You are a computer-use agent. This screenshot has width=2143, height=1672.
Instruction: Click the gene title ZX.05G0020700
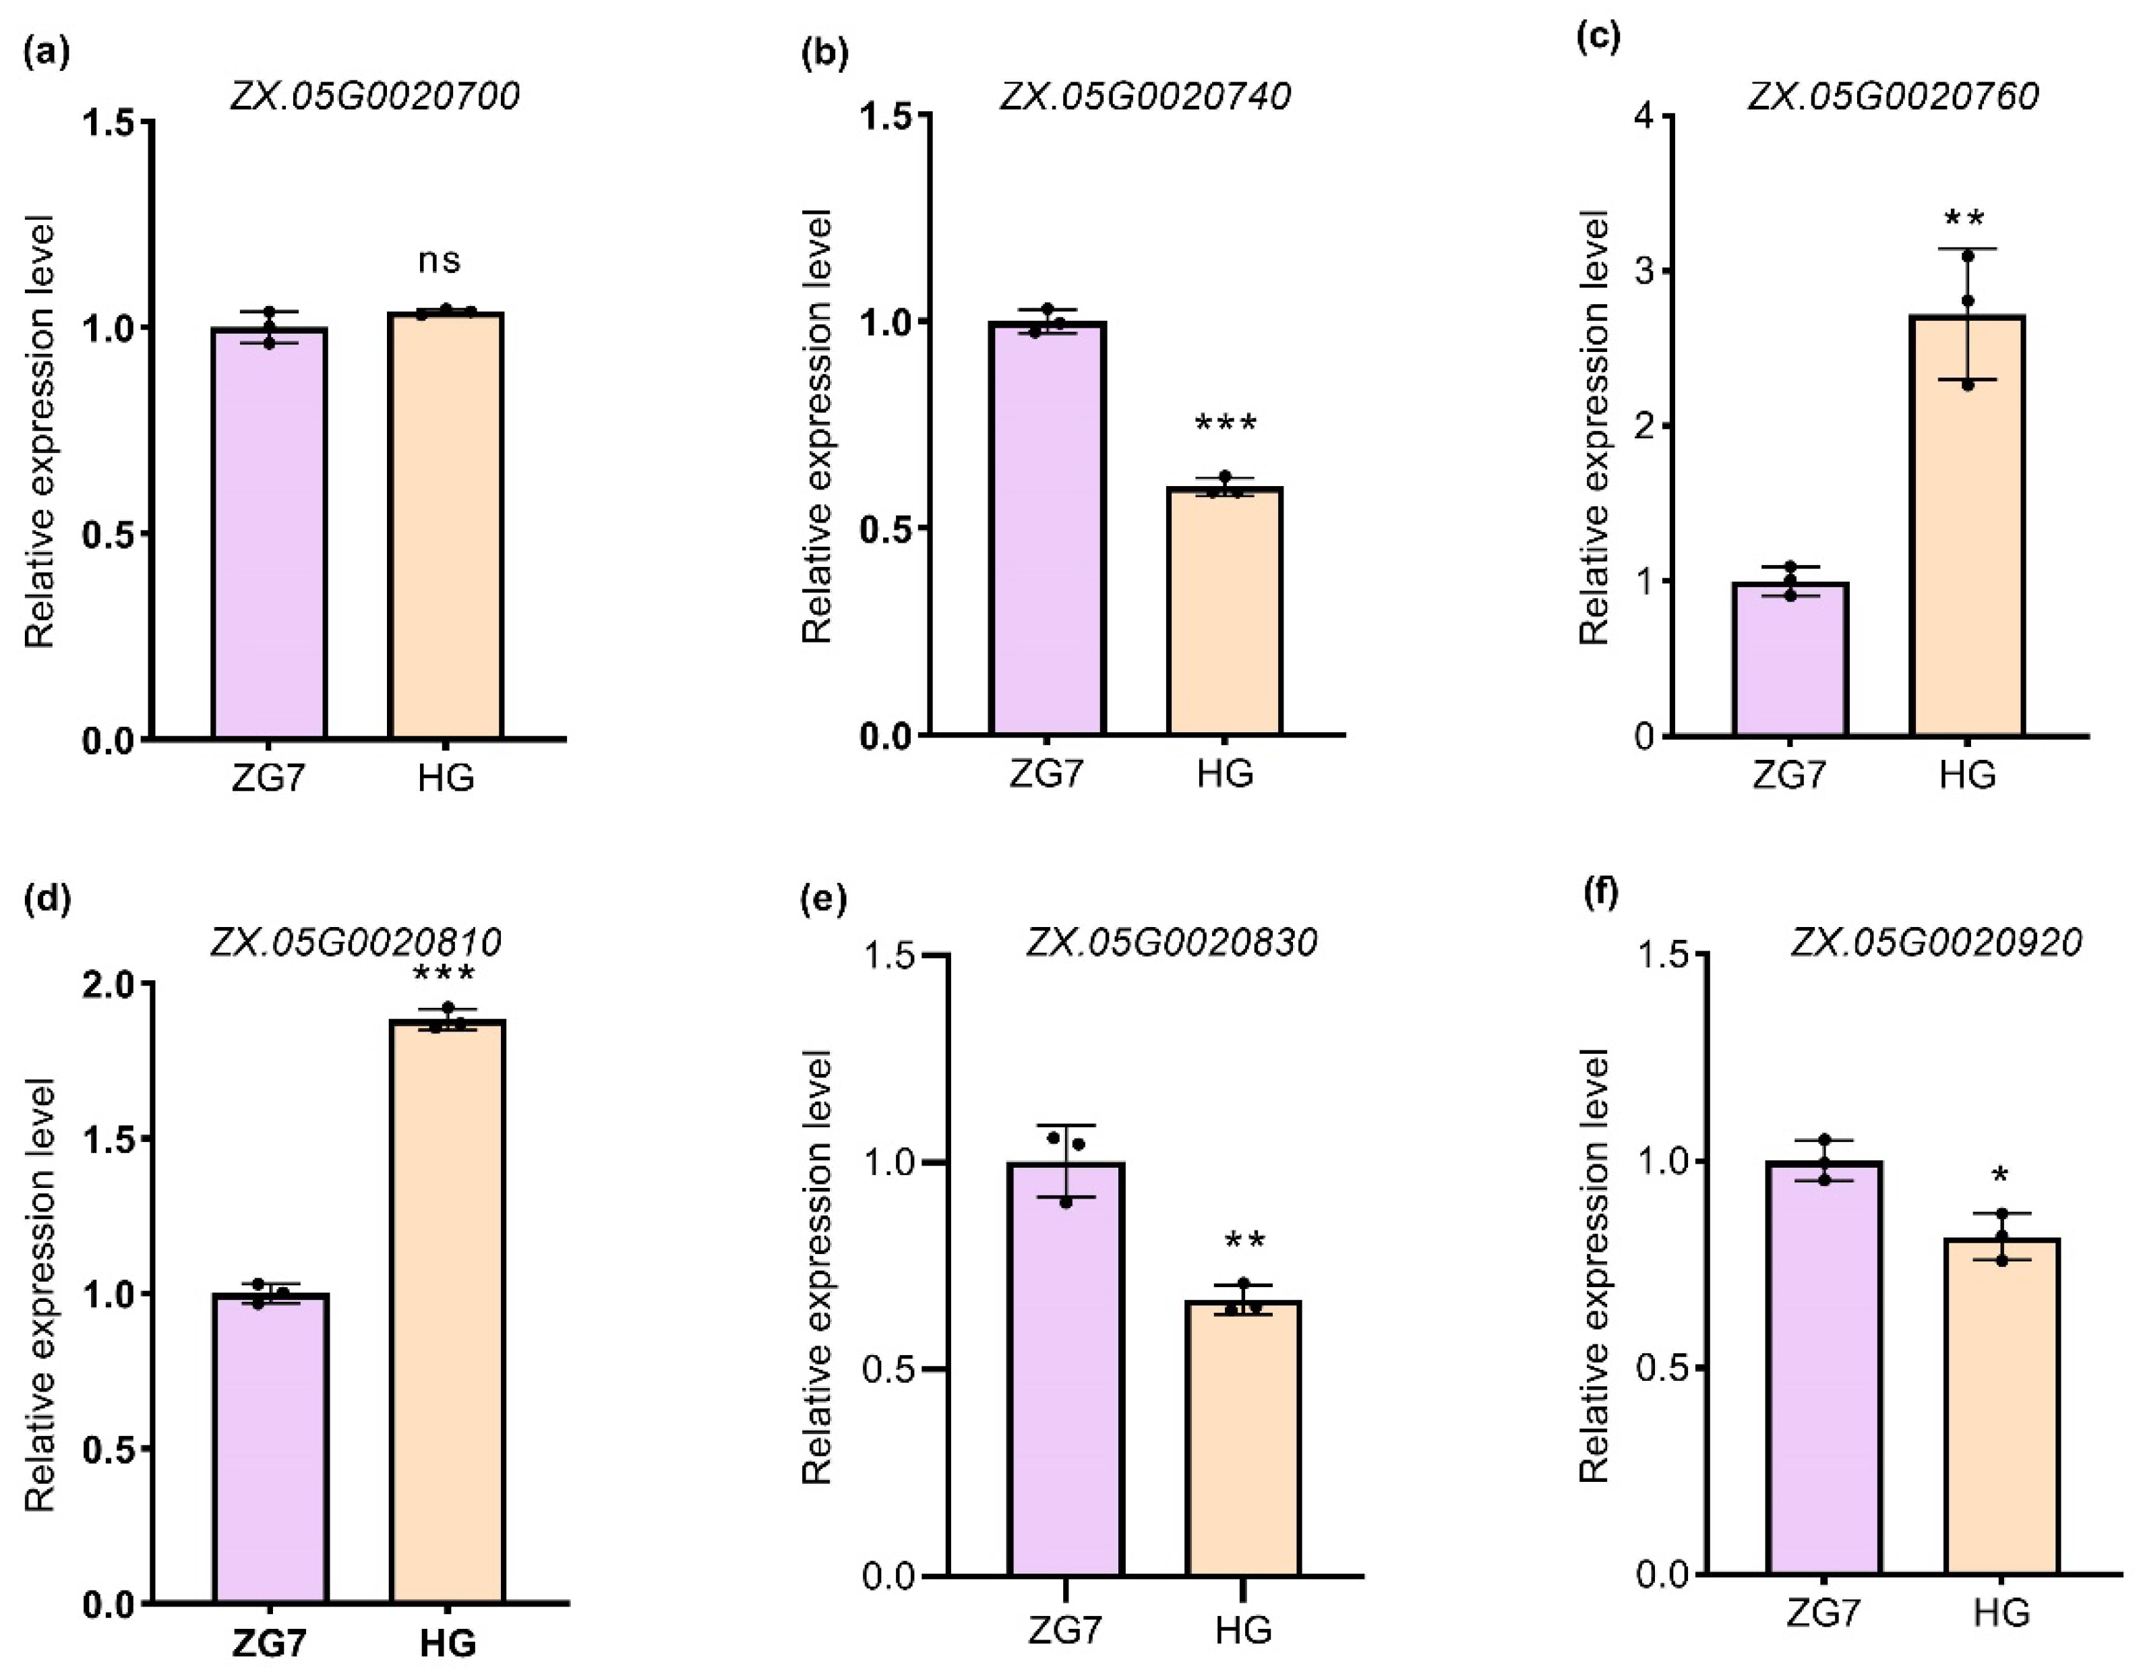point(375,96)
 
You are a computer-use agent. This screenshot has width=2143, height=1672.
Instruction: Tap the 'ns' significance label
point(439,261)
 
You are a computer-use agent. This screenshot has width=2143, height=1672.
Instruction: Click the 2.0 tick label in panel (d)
point(110,984)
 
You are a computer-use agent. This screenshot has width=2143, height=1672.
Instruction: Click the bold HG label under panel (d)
point(448,1642)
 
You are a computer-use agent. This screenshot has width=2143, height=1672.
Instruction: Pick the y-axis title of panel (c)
point(1594,428)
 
